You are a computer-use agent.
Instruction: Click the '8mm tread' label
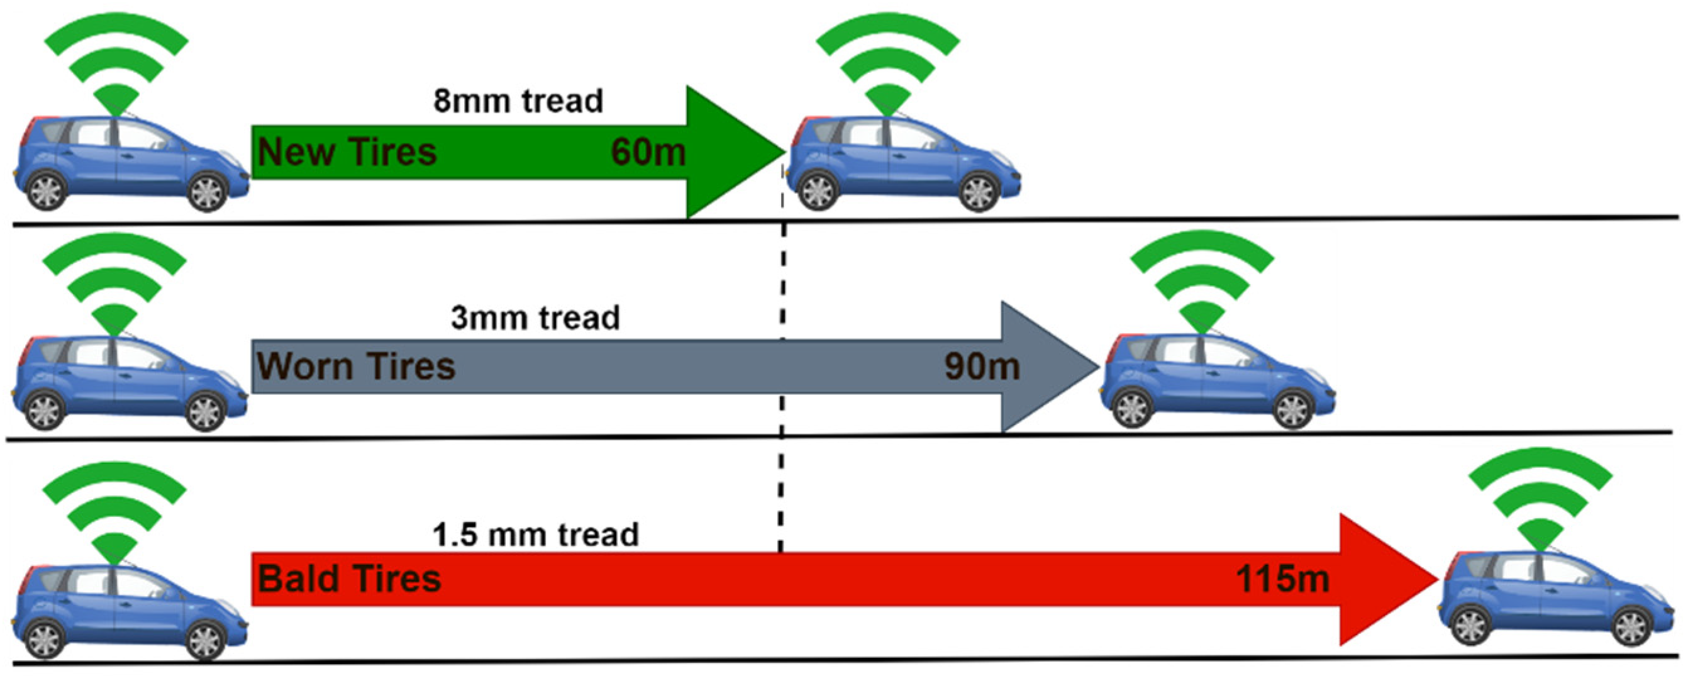tap(518, 101)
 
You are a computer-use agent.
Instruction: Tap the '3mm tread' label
tap(535, 318)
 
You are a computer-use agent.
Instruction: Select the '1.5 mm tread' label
tap(535, 534)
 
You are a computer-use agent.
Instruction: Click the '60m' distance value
tap(648, 152)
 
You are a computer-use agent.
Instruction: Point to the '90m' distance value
tap(982, 366)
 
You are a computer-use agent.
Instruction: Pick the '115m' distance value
tap(1282, 579)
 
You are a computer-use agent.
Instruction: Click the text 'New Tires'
tap(347, 152)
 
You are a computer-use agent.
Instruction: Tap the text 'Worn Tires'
tap(355, 366)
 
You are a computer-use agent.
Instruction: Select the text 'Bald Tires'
tap(349, 579)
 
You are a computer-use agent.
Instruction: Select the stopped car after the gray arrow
tap(1217, 381)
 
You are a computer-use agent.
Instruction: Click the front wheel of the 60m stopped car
tap(979, 191)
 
